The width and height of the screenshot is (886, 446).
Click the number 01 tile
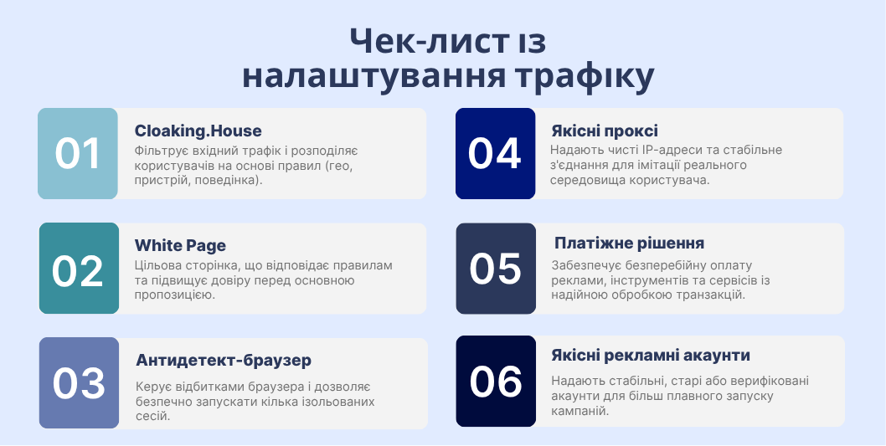click(x=78, y=153)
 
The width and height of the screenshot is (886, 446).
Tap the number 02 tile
click(x=79, y=269)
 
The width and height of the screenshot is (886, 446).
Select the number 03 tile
click(x=79, y=382)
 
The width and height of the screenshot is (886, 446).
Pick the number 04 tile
click(x=495, y=153)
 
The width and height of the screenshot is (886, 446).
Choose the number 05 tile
click(x=495, y=269)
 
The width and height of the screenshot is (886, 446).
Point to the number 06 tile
click(x=495, y=381)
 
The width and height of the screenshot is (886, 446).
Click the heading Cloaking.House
click(x=198, y=131)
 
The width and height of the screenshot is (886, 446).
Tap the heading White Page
click(x=180, y=246)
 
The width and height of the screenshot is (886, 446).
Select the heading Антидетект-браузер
click(x=224, y=361)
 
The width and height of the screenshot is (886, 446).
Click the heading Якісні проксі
click(x=604, y=131)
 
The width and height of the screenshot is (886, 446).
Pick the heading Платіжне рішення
click(x=629, y=244)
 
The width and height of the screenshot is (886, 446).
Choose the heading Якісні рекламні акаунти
click(x=650, y=356)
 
